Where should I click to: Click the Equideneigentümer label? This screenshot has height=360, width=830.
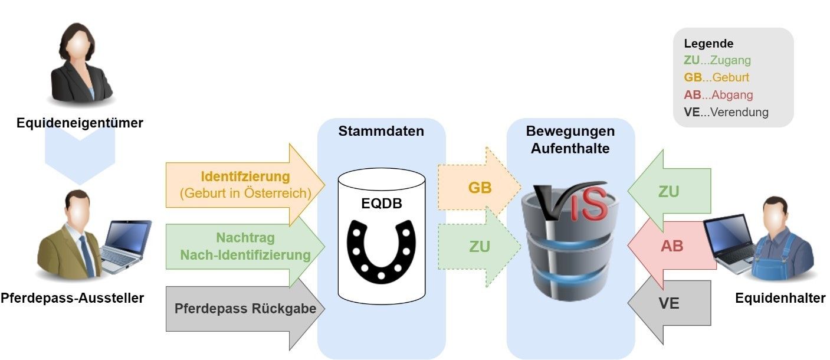80,123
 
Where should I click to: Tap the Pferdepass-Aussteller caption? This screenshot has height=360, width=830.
72,298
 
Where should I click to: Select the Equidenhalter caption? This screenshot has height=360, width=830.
780,298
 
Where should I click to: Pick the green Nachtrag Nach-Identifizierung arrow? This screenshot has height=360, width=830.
245,247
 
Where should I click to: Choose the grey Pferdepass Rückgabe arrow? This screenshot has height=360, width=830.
245,308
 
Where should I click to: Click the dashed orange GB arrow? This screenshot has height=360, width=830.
479,188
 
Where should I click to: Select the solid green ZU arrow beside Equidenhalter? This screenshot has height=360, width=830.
668,191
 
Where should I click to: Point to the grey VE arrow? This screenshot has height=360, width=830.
668,303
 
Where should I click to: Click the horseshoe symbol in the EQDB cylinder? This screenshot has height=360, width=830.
381,250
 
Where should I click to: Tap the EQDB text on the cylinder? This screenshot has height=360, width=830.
381,204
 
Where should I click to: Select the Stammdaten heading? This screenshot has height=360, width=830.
381,131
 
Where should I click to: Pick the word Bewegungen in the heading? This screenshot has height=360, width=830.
570,131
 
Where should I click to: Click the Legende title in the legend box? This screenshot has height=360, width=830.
708,44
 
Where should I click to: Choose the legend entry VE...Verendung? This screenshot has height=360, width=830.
726,112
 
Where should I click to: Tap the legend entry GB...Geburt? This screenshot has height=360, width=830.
717,77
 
